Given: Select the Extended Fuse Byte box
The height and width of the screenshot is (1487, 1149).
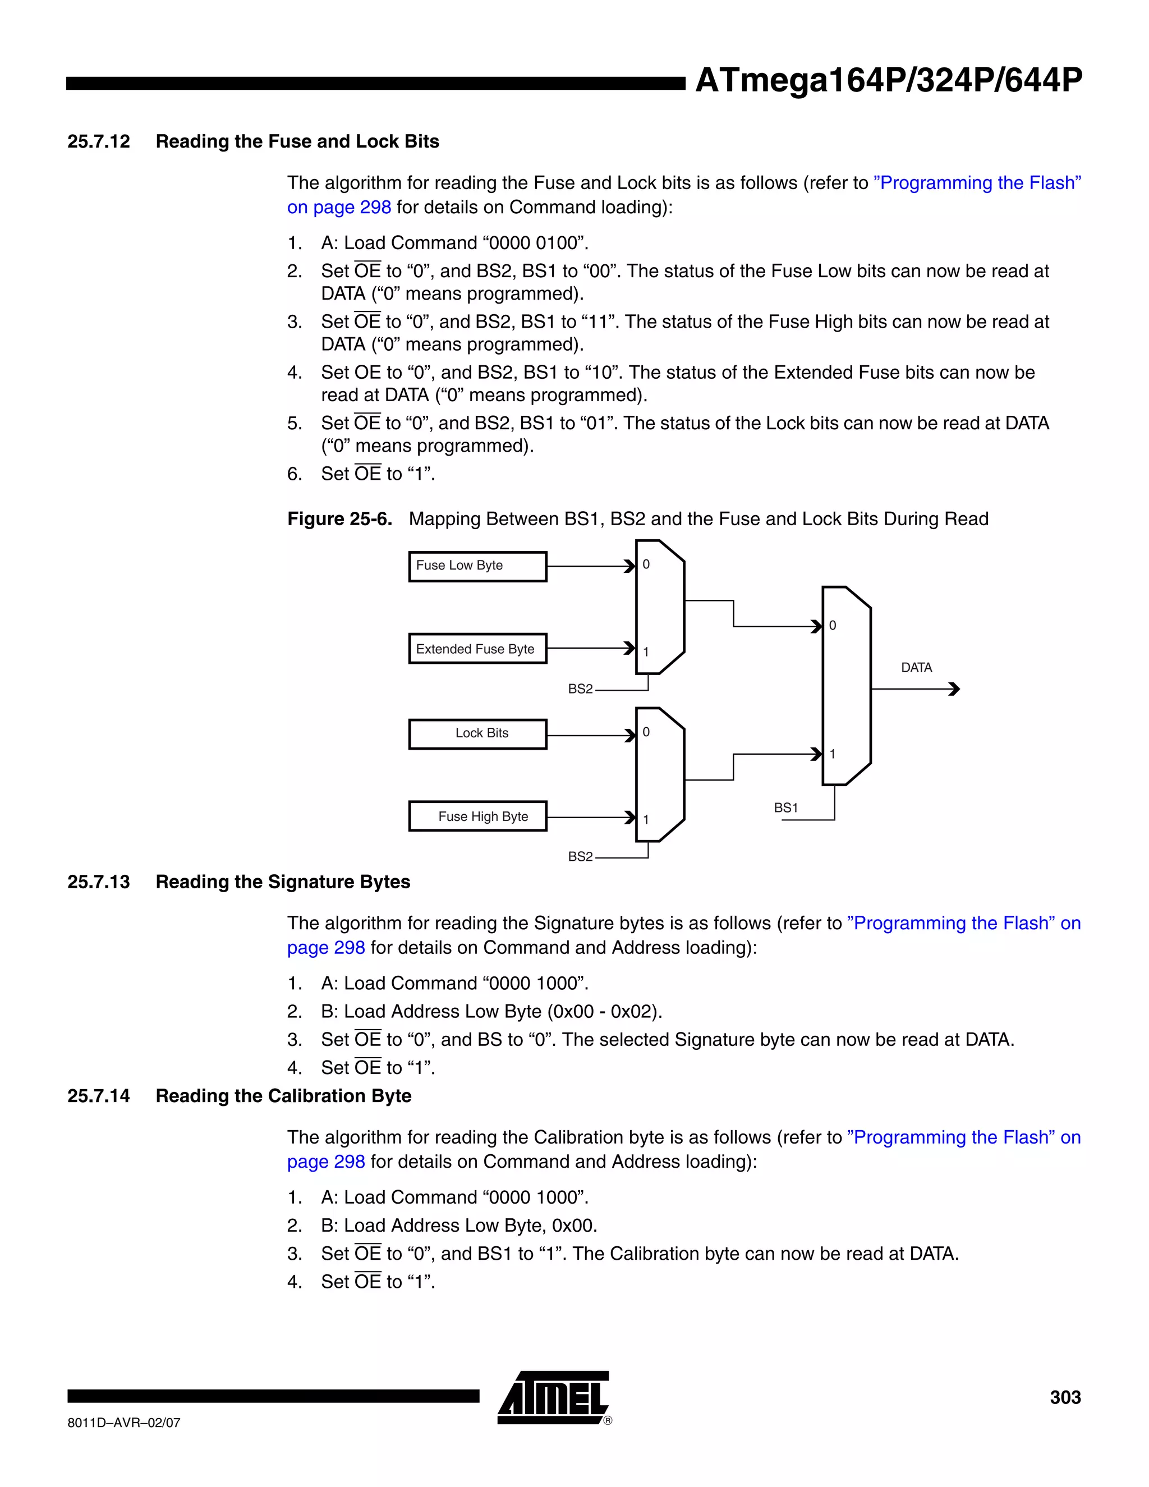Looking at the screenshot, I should tap(477, 649).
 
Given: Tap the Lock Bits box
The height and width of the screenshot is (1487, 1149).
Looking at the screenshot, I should tap(477, 733).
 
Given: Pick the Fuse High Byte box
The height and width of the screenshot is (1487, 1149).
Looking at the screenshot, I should tap(477, 816).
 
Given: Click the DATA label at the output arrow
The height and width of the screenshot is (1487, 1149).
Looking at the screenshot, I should tap(916, 668).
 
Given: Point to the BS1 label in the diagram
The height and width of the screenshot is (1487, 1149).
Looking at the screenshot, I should tap(785, 808).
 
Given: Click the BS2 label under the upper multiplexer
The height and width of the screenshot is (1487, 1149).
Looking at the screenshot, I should tap(580, 689).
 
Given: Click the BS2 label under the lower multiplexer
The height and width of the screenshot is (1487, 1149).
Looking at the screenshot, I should tap(580, 856).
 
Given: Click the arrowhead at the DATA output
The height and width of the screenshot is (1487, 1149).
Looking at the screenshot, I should tap(954, 689).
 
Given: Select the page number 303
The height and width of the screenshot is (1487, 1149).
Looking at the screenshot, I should tap(1065, 1397).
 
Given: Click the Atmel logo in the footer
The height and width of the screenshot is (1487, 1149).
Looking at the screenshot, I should tap(553, 1398).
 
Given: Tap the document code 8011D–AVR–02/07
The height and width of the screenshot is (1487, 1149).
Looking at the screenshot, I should tap(124, 1422).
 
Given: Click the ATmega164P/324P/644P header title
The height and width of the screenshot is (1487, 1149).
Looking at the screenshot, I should tap(888, 80).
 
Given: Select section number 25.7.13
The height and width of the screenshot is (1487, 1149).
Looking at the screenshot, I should tap(99, 882).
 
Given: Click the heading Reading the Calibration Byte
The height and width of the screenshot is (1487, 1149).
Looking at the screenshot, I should tap(283, 1095).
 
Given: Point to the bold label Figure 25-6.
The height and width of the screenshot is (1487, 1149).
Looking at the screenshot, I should tap(339, 519).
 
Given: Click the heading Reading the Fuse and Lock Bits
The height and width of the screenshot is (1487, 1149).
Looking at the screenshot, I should tap(297, 141).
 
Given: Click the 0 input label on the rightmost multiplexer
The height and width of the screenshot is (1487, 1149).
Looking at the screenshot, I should tap(833, 626).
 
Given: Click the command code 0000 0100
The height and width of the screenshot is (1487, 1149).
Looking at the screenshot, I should tap(533, 243).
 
